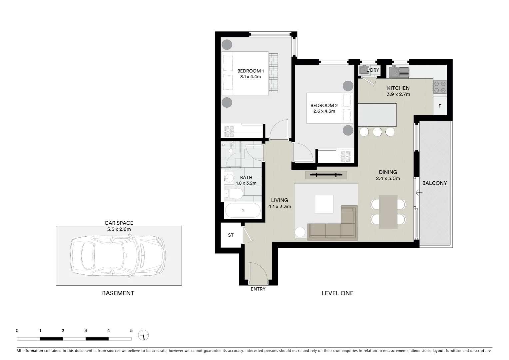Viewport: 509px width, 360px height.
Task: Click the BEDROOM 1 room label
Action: [251, 71]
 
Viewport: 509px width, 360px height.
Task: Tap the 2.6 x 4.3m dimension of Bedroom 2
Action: [324, 111]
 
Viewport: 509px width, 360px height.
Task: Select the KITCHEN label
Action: [398, 88]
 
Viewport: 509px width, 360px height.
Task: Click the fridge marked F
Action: [440, 106]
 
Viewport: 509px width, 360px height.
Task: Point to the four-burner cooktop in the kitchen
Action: [439, 87]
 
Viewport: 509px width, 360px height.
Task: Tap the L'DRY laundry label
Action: [373, 70]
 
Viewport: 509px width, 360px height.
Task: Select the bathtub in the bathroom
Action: [243, 211]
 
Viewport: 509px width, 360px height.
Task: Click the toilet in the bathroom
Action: [235, 194]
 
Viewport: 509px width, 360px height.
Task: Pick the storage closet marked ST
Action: [231, 235]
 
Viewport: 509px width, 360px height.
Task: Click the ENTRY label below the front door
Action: [258, 289]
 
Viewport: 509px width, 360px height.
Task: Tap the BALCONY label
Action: [434, 183]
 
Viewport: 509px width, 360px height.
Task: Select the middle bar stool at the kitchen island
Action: [377, 132]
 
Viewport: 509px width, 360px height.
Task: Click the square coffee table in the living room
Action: [324, 204]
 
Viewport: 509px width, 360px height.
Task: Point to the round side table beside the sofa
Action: [300, 232]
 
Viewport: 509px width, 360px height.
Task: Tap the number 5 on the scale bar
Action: [131, 331]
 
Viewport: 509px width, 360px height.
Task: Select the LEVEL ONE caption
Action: [337, 293]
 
